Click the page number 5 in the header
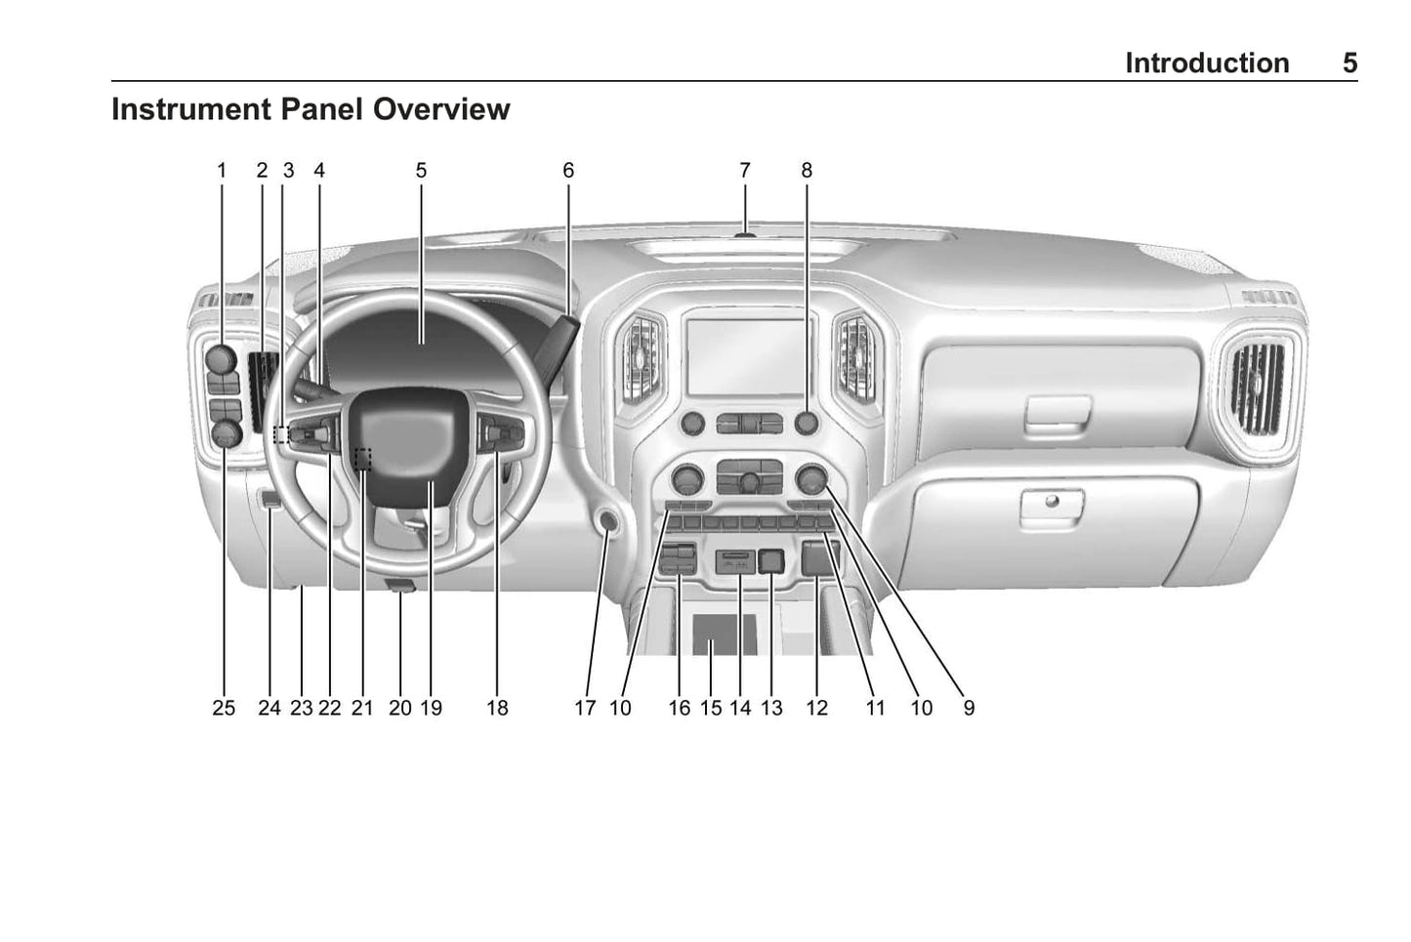tap(1349, 63)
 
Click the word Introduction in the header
tap(1206, 63)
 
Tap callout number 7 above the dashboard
tap(744, 170)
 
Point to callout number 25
tap(224, 708)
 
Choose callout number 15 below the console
tap(711, 708)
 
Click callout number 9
tap(968, 708)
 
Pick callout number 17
tap(584, 708)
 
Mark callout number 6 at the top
tap(567, 170)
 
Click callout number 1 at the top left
tap(222, 170)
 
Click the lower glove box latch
tap(1051, 505)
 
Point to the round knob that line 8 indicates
tap(807, 423)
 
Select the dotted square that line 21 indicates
tap(363, 457)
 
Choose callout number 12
tap(816, 708)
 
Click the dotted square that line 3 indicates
tap(281, 433)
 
